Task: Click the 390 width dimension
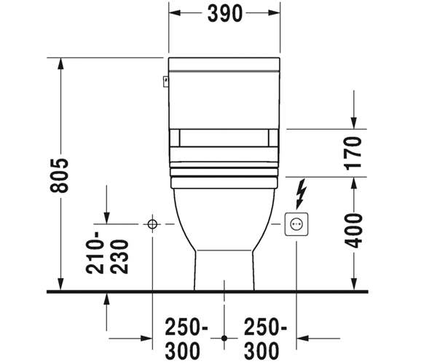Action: [225, 13]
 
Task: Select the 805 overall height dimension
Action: [59, 175]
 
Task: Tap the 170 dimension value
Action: [353, 153]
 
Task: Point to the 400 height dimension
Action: [353, 231]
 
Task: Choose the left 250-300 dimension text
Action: [186, 339]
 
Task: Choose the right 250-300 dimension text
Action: [265, 339]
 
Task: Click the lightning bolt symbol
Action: [301, 194]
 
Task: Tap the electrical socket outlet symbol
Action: [296, 224]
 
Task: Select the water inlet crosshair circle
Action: [152, 224]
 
